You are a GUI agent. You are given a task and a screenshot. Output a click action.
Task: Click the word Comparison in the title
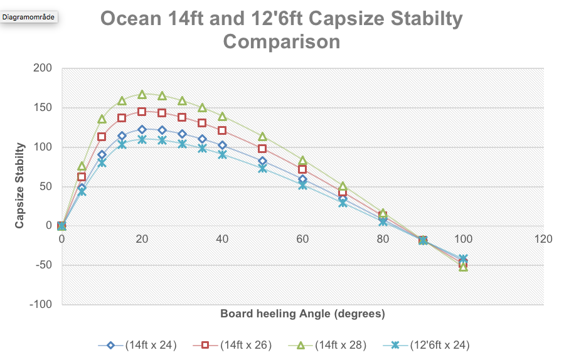[282, 42]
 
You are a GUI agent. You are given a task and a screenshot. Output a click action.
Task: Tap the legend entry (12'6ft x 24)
[437, 345]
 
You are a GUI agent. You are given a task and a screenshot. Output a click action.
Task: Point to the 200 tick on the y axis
[44, 68]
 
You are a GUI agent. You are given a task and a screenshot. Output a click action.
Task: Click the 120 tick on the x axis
[543, 239]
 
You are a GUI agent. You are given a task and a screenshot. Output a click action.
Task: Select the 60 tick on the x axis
[302, 239]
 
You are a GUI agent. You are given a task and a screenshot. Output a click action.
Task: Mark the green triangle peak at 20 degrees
[142, 94]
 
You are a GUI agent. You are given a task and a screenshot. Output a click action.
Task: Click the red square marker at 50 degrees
[262, 149]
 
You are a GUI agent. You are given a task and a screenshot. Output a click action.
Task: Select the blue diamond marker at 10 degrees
[102, 155]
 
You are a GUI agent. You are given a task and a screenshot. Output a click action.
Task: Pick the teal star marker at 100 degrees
[463, 258]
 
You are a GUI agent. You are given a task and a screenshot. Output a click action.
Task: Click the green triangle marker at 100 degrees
[463, 267]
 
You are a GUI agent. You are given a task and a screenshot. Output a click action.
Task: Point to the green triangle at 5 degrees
[82, 166]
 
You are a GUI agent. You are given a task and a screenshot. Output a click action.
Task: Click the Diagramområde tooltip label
[29, 17]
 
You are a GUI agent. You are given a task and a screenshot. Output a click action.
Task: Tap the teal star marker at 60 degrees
[302, 185]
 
